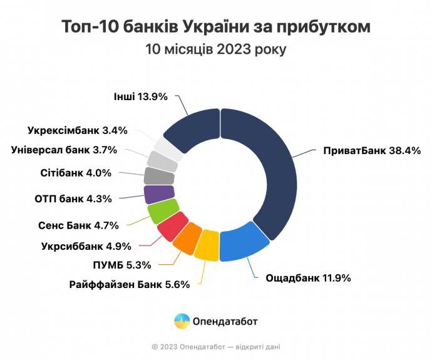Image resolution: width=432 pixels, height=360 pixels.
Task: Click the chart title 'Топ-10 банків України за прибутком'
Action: click(x=216, y=27)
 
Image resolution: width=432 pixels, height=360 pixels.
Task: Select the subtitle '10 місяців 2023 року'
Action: click(x=216, y=49)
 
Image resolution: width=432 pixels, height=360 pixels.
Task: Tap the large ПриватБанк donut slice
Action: click(x=269, y=169)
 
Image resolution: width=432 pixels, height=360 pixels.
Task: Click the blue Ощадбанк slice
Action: click(x=242, y=244)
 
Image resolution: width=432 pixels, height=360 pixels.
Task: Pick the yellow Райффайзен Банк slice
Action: click(x=207, y=249)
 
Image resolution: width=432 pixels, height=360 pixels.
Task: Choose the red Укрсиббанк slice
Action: click(x=170, y=225)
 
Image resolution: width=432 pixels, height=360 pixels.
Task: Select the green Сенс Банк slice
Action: click(x=162, y=211)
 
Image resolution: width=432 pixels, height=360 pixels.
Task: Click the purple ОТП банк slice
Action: click(x=155, y=194)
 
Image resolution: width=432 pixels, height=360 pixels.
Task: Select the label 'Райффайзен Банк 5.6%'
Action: click(x=130, y=284)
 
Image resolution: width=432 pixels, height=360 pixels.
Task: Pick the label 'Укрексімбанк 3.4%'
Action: click(x=78, y=131)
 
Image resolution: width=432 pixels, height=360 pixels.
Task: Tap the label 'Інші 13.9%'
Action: click(x=141, y=96)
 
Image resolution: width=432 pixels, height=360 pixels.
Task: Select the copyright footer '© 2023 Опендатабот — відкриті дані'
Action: click(x=216, y=346)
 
